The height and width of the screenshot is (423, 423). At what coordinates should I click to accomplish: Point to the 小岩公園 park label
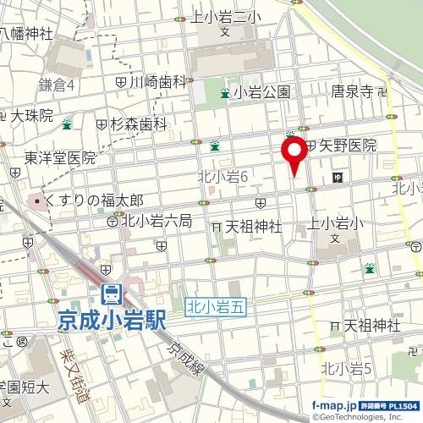pos(262,92)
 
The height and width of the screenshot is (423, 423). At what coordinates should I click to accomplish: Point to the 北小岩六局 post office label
pos(157,221)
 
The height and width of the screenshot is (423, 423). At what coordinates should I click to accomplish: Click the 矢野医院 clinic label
pos(347,146)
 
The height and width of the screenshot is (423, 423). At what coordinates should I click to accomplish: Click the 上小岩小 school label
pos(337,223)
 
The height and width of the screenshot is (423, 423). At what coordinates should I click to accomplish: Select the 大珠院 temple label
pos(32,113)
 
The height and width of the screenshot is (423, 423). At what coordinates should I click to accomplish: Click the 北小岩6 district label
pos(222,176)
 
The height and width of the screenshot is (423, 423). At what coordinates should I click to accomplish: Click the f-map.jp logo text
pos(335,406)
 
